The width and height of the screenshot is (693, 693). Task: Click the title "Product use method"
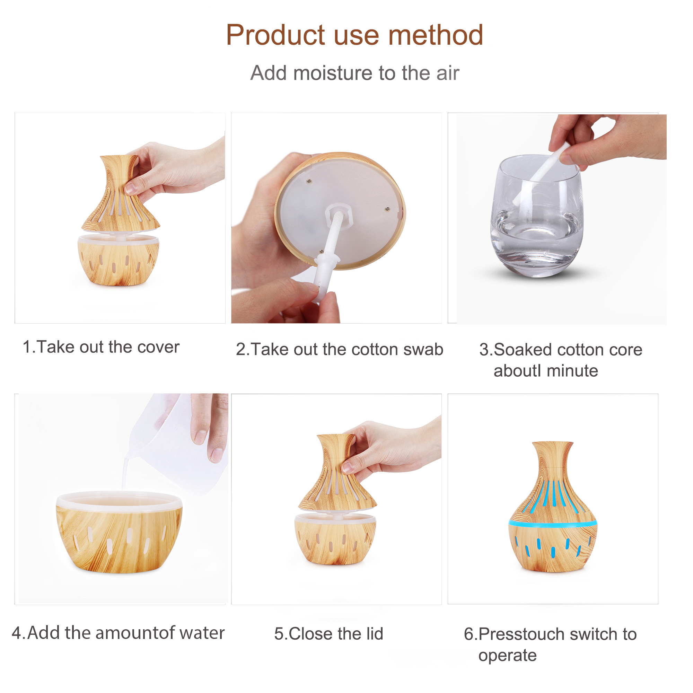click(354, 35)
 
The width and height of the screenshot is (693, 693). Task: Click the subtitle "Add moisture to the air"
click(354, 73)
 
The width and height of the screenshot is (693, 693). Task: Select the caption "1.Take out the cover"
click(101, 347)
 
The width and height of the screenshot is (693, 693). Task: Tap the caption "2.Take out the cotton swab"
click(339, 349)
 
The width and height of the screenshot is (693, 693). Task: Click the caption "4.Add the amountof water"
click(118, 633)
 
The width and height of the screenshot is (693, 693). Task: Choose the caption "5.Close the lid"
click(328, 634)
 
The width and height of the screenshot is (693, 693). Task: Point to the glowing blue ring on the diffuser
click(553, 524)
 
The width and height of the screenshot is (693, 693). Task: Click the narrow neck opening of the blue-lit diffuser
click(552, 445)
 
